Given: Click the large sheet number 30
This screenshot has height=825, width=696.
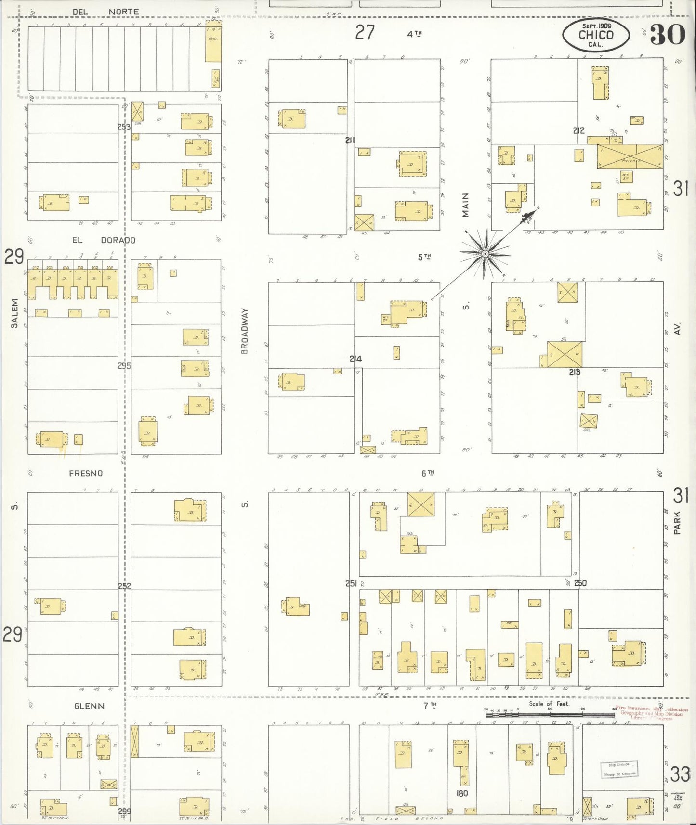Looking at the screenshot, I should point(667,35).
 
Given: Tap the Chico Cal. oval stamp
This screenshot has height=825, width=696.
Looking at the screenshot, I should point(596,35).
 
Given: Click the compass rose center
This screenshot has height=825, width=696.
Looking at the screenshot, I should point(485,254).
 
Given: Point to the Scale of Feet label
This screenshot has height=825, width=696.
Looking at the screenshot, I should point(549,704).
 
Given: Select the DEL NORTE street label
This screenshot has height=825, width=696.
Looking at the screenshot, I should point(105,12).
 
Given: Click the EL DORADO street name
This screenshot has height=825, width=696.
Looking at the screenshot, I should point(104,240).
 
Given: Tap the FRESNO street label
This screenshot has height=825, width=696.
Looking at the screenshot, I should point(86,473).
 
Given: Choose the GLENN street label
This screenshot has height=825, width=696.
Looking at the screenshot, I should point(89,706).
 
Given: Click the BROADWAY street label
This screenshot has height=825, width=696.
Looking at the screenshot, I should point(245,331).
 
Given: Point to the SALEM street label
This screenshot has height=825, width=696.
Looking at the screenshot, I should point(14,313).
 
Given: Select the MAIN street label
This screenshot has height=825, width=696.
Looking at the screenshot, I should point(465,205).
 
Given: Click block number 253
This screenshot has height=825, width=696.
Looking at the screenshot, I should point(124,127).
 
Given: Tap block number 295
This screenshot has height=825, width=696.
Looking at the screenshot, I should point(124,366).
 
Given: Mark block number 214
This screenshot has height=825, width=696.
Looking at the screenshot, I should point(355,359).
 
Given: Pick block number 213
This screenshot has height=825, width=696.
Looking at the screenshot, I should point(574,372).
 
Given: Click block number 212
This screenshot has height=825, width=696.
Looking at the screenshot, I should point(578,130).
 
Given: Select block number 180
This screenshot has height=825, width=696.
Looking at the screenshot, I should point(461,793).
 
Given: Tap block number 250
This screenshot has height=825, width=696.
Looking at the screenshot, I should point(580,583).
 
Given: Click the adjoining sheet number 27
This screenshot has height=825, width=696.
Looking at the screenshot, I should point(365,33).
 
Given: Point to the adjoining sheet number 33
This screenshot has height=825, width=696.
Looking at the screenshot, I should point(680,774).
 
